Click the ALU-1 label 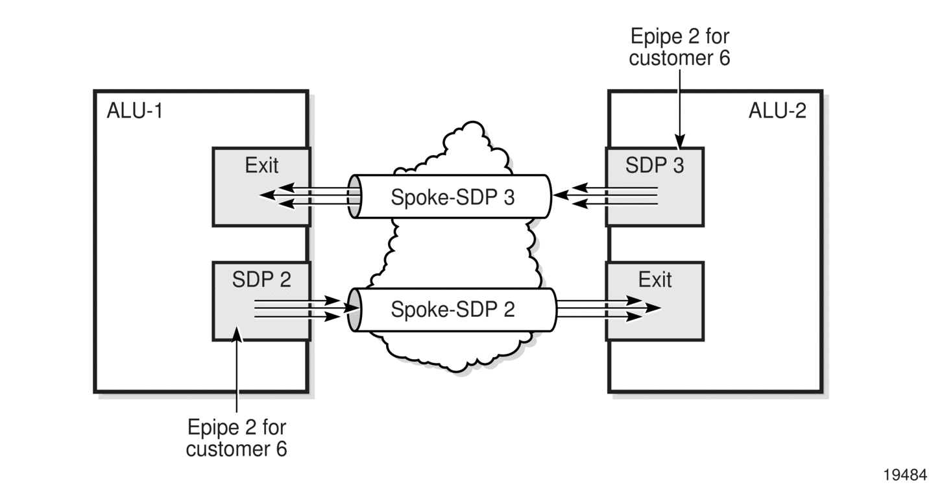pos(135,110)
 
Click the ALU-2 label pos(777,110)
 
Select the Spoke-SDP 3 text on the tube pos(453,197)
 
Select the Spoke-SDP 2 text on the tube pos(453,310)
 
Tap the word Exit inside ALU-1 pos(261,165)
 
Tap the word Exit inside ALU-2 pos(655,279)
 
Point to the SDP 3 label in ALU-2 pos(655,165)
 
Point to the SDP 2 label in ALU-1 pos(261,279)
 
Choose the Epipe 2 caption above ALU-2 pos(679,47)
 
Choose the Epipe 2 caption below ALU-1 pos(237,438)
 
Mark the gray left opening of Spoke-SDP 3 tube pos(354,197)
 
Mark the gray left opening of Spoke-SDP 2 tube pos(354,310)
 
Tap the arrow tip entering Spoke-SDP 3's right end pos(553,195)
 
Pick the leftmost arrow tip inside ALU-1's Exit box pos(260,195)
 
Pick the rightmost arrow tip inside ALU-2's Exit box pos(661,308)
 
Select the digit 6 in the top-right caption pos(725,58)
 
